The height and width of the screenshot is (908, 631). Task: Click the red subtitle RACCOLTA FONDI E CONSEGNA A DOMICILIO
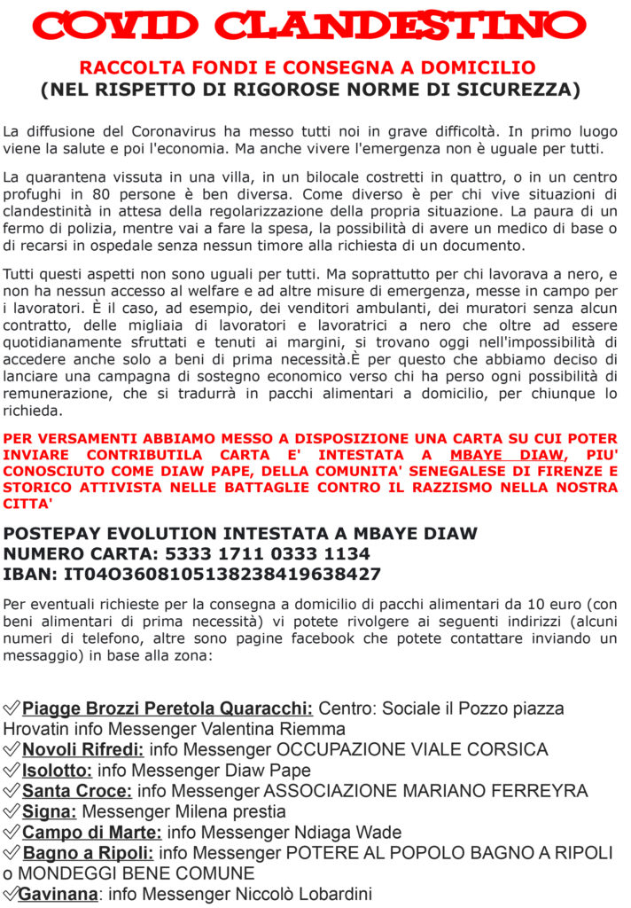[x=308, y=67]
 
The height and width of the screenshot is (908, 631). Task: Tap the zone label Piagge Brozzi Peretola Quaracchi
[x=167, y=708]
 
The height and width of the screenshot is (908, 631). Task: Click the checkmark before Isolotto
[x=12, y=770]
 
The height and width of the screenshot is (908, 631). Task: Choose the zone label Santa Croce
[x=77, y=790]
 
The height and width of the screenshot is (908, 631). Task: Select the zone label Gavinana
[x=58, y=894]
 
